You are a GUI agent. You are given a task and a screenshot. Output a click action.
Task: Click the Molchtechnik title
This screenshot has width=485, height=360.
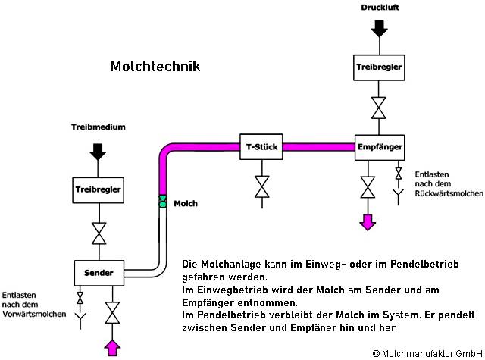tap(155, 67)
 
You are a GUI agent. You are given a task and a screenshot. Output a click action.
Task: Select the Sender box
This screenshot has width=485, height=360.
tap(99, 271)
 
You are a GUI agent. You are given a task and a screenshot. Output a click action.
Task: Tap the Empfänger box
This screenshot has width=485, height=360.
tap(379, 146)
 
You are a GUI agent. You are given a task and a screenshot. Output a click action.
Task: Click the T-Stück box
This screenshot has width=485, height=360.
tap(261, 146)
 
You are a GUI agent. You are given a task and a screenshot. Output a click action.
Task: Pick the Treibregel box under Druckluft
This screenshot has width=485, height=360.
tap(379, 67)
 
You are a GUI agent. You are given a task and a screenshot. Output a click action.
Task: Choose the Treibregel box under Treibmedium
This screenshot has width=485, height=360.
tap(98, 189)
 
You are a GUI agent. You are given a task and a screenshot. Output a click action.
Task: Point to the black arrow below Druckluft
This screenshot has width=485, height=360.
tap(379, 29)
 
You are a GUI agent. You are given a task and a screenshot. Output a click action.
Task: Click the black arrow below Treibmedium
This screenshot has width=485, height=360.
tap(98, 150)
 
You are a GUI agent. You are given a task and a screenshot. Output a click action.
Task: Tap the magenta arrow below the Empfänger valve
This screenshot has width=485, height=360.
tap(368, 221)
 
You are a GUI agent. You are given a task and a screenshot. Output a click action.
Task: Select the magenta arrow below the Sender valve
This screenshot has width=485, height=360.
tap(113, 347)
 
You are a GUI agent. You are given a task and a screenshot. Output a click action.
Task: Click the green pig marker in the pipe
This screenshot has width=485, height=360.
tap(162, 202)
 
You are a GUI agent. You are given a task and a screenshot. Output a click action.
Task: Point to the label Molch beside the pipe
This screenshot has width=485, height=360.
tap(186, 203)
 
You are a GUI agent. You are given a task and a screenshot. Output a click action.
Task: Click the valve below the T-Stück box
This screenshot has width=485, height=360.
tap(261, 186)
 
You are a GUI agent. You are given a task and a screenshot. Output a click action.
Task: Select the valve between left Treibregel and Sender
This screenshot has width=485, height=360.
tap(98, 232)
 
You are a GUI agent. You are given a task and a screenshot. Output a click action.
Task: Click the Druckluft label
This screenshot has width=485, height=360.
tap(379, 7)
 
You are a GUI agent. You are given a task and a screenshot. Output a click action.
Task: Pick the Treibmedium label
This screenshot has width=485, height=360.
tap(98, 127)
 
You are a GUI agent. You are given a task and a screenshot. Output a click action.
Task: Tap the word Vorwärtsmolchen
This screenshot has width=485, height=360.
tap(33, 313)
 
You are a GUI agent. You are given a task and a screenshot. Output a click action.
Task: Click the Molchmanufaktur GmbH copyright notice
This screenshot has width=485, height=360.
tap(427, 353)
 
